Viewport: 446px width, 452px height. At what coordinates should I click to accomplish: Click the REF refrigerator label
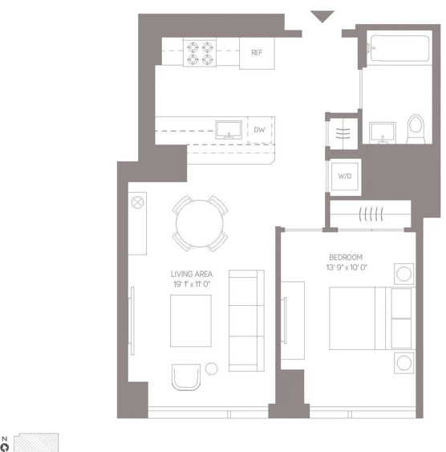click(x=257, y=52)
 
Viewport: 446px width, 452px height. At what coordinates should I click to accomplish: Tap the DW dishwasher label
click(x=259, y=130)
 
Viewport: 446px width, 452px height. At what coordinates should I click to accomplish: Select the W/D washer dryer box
click(x=345, y=176)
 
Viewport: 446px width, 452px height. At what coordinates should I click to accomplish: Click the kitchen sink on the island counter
click(x=229, y=130)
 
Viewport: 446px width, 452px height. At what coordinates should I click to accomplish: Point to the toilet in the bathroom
click(x=416, y=128)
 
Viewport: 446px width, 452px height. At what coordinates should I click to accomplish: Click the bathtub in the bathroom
click(x=399, y=48)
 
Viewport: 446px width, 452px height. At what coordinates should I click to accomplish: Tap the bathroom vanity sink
click(x=383, y=133)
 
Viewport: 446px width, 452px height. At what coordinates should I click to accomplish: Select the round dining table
click(x=200, y=223)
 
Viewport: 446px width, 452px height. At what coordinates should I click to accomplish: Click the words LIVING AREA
click(x=192, y=274)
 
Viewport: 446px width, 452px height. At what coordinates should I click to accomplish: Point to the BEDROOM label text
click(x=346, y=257)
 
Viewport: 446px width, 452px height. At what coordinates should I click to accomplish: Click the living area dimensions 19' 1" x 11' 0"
click(x=192, y=284)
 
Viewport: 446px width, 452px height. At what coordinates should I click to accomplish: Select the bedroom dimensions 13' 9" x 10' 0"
click(x=347, y=267)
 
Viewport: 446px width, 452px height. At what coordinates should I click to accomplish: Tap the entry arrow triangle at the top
click(x=322, y=16)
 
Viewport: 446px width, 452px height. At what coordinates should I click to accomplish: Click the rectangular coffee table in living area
click(x=191, y=320)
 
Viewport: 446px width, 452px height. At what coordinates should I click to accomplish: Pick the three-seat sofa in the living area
click(x=246, y=320)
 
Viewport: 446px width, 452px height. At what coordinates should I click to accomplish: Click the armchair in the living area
click(x=186, y=377)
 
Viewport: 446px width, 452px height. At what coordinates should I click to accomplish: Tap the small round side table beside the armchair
click(x=211, y=369)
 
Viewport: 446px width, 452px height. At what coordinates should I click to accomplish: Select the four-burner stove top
click(x=200, y=53)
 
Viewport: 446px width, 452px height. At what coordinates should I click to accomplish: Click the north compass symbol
click(x=5, y=445)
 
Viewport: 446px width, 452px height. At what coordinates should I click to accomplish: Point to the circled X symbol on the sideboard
click(x=137, y=202)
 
